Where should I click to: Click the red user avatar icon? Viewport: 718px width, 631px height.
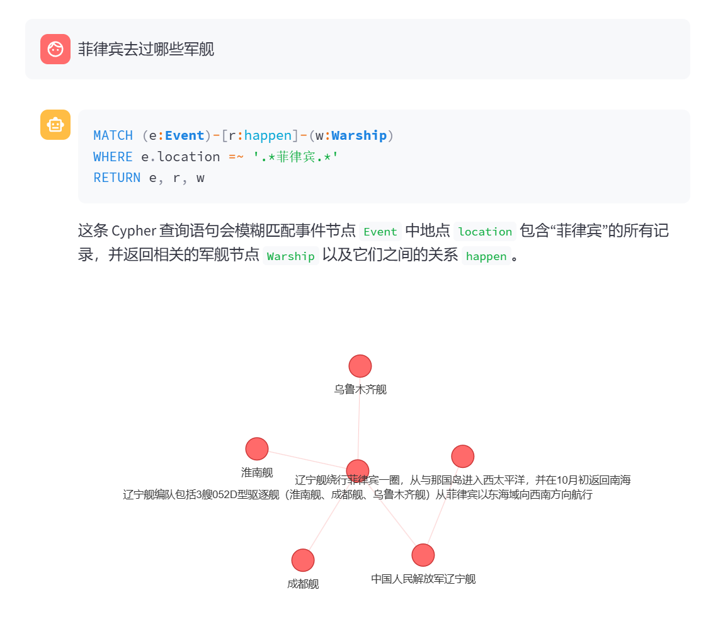pyautogui.click(x=55, y=49)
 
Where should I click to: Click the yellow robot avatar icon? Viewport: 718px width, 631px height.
pyautogui.click(x=55, y=125)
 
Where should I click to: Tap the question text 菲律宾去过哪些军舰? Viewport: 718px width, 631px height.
pyautogui.click(x=146, y=49)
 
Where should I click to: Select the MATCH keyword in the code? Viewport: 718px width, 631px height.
pyautogui.click(x=113, y=135)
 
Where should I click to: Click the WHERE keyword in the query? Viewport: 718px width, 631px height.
pyautogui.click(x=113, y=157)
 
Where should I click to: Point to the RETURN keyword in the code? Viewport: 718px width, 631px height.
pyautogui.click(x=117, y=178)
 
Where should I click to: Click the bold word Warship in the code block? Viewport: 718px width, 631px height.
pyautogui.click(x=359, y=135)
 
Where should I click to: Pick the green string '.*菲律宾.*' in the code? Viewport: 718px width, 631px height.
pyautogui.click(x=296, y=157)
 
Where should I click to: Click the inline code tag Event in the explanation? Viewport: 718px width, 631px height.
pyautogui.click(x=380, y=232)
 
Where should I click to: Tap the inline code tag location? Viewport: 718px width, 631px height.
pyautogui.click(x=485, y=232)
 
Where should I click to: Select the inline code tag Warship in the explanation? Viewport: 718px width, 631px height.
pyautogui.click(x=290, y=256)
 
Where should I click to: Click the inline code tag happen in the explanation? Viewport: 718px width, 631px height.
pyautogui.click(x=486, y=256)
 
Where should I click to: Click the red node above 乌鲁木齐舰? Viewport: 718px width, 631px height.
pyautogui.click(x=360, y=366)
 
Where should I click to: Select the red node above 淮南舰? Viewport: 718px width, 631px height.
pyautogui.click(x=257, y=449)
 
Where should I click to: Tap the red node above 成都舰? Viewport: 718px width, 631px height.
pyautogui.click(x=303, y=560)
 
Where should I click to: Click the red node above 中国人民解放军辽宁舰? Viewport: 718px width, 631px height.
pyautogui.click(x=423, y=555)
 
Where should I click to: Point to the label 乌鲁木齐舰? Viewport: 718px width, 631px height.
pyautogui.click(x=360, y=390)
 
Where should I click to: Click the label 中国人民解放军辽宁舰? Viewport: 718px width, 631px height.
pyautogui.click(x=423, y=579)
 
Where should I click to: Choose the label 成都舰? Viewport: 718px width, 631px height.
pyautogui.click(x=303, y=584)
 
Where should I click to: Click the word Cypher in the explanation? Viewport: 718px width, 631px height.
pyautogui.click(x=134, y=231)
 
